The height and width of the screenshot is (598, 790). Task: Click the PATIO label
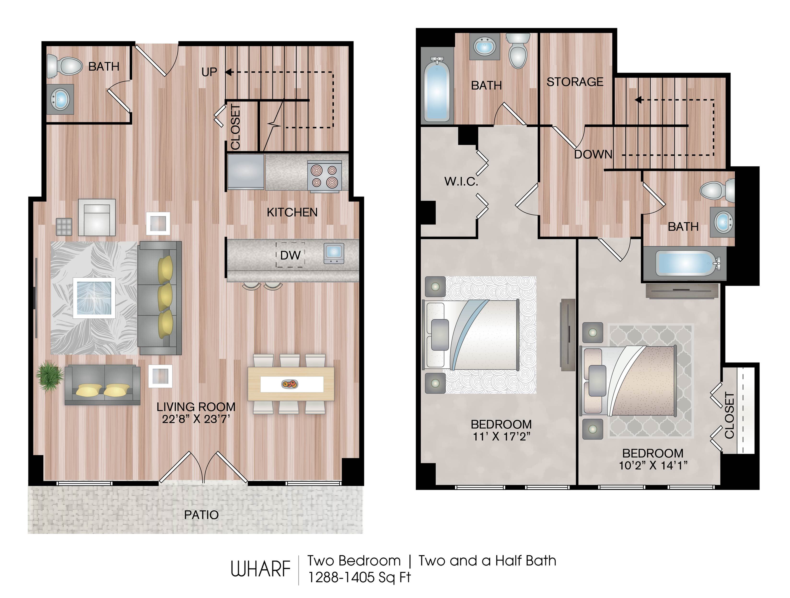click(201, 515)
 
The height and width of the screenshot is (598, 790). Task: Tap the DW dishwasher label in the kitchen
click(290, 255)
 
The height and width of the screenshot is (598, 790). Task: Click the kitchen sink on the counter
click(334, 253)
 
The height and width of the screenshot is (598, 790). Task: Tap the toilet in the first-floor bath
click(65, 66)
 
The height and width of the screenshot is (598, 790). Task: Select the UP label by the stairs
click(209, 72)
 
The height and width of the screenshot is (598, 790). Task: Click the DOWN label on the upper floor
click(593, 154)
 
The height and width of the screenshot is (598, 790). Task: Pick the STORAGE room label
click(575, 82)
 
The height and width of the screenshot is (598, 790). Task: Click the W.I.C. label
click(461, 182)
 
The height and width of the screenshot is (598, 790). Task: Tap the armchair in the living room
click(97, 217)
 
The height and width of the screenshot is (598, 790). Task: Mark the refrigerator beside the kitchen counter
click(246, 172)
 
